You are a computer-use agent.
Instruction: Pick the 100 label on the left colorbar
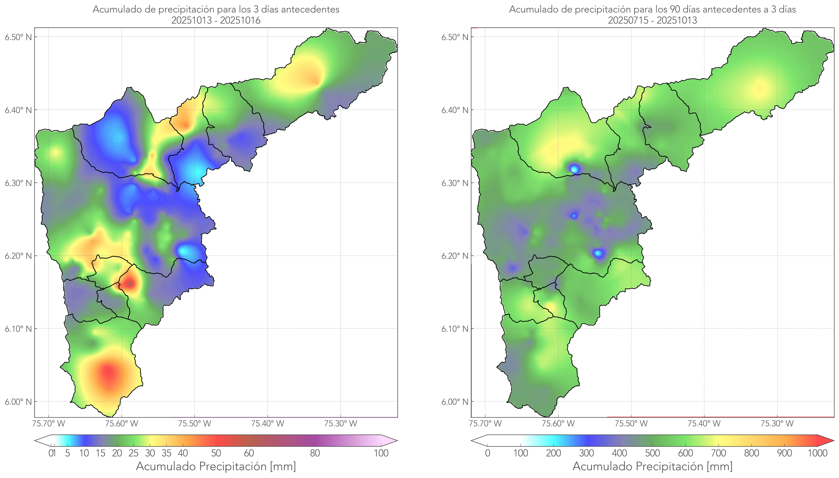pos(381,453)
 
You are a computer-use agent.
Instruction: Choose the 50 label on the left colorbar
pos(216,453)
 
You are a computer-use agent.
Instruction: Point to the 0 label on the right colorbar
pos(488,453)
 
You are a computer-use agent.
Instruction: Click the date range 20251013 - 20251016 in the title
pos(216,20)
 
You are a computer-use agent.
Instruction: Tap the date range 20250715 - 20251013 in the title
pos(652,20)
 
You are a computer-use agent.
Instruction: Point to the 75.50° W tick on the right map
pos(631,423)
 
